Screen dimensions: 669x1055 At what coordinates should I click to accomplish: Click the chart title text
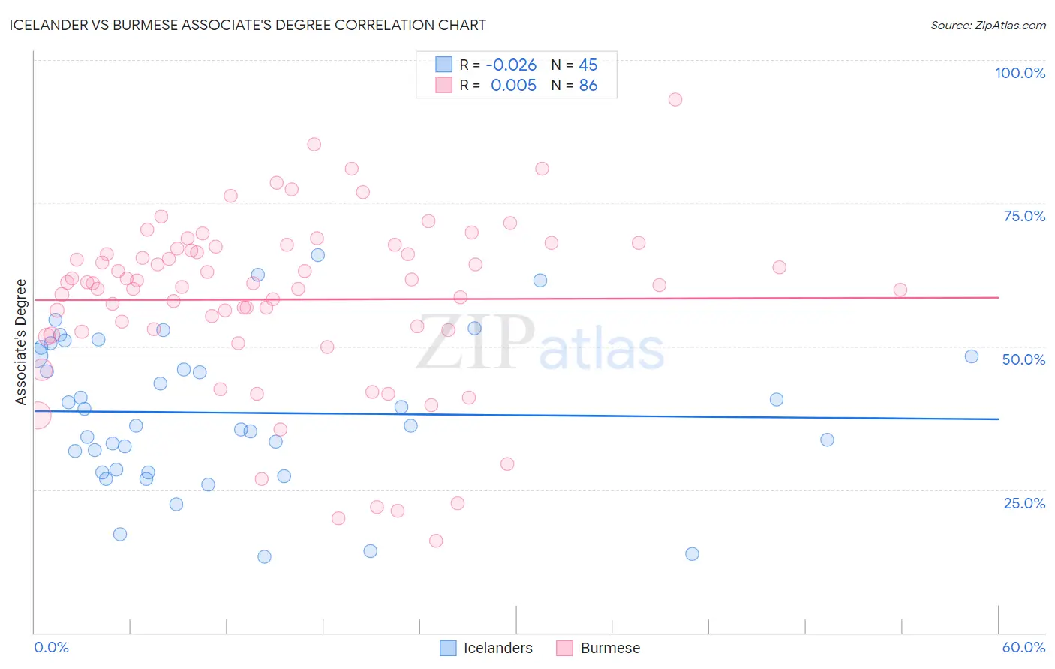(248, 25)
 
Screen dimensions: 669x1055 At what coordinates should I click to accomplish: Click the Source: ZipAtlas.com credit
(987, 25)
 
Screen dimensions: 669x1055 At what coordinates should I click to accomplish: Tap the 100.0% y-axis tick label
(1020, 73)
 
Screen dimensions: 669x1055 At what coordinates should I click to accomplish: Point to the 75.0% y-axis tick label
(1024, 216)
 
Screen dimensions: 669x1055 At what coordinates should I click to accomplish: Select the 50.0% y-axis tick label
(1023, 359)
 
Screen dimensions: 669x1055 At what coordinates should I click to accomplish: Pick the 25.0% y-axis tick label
(1024, 503)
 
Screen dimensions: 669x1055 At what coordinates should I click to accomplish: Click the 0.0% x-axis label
(51, 647)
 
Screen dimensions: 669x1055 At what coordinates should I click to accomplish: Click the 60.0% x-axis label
(1023, 647)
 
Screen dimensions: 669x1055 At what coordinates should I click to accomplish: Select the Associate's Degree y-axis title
(20, 342)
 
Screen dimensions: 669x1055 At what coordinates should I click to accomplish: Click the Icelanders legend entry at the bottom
(497, 648)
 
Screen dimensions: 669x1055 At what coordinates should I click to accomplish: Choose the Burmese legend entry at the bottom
(609, 648)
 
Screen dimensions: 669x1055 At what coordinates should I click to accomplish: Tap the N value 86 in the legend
(588, 85)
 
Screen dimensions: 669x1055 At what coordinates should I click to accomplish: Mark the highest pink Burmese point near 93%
(675, 100)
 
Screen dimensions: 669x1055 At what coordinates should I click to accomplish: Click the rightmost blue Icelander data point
(972, 356)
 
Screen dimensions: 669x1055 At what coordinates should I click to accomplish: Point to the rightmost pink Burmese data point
(900, 289)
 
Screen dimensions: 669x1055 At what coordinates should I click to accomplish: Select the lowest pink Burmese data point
(436, 541)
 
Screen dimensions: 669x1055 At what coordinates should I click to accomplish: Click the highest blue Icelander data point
(318, 255)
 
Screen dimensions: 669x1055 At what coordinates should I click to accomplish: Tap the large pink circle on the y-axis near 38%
(38, 415)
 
